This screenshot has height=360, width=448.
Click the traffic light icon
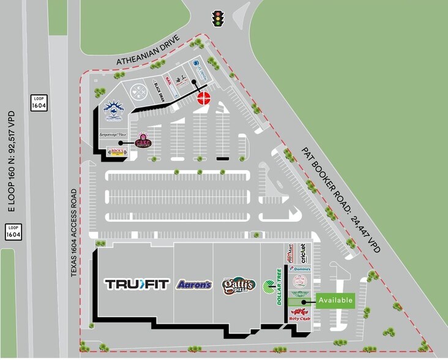217,19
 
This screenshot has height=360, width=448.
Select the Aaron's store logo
194,285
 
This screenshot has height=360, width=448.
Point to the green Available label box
335,300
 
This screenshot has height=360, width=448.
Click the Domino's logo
300,269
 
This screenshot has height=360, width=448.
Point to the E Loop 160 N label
11,161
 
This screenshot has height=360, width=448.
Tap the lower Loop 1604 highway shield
13,231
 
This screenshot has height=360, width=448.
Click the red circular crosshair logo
203,98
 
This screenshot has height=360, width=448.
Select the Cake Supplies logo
143,141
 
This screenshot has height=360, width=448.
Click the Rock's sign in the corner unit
116,151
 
